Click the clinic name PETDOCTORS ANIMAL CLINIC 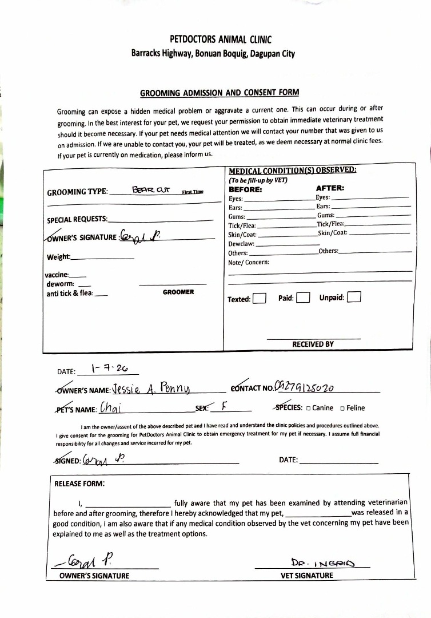pos(221,39)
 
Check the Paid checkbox pos(303,298)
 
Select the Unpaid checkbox pos(354,298)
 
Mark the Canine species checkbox pos(309,409)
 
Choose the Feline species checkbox pos(342,409)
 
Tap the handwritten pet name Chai pos(112,408)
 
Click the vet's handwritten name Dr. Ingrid pos(322,562)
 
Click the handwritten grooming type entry pos(148,190)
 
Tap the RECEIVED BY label pos(313,344)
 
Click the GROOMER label pos(178,292)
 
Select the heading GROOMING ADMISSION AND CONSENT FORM pos(220,93)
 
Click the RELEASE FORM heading pos(79,484)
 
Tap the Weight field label pos(59,257)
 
